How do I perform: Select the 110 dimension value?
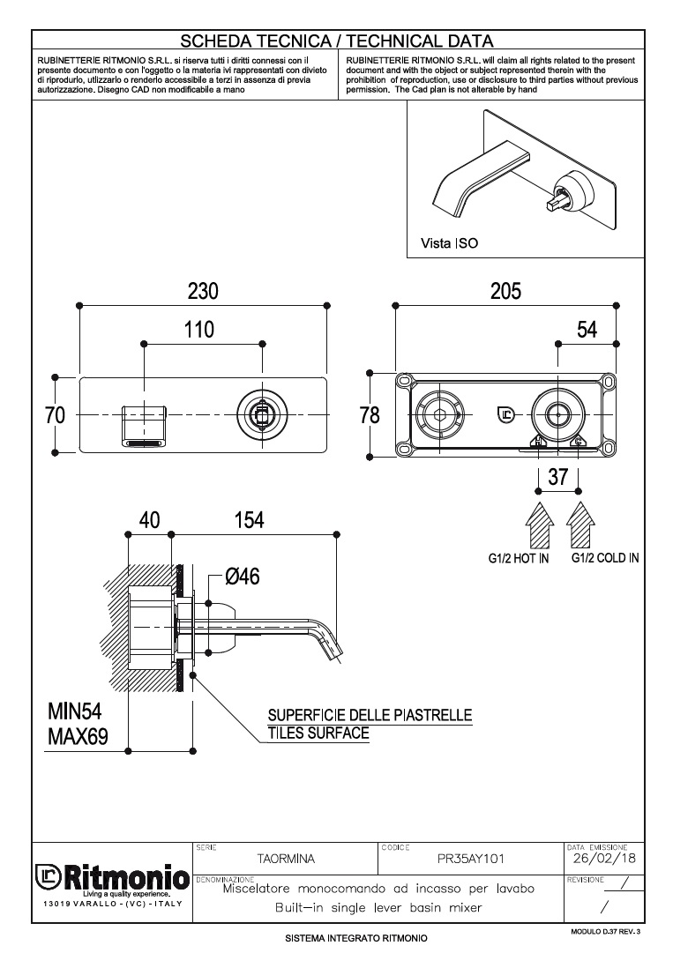[x=199, y=330]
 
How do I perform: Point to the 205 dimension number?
[x=505, y=290]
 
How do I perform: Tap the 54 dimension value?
[x=587, y=330]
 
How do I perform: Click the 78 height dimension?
[x=370, y=415]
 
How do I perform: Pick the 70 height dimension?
[x=55, y=415]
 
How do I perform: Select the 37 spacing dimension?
[x=557, y=477]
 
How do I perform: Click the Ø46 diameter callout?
[x=242, y=577]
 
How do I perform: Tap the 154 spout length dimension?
[x=249, y=520]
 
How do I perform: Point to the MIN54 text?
[x=78, y=711]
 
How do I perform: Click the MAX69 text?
[x=78, y=736]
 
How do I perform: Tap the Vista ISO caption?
[x=449, y=242]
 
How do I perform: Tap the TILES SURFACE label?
[x=318, y=733]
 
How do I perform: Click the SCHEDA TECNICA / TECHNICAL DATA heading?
[x=336, y=41]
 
